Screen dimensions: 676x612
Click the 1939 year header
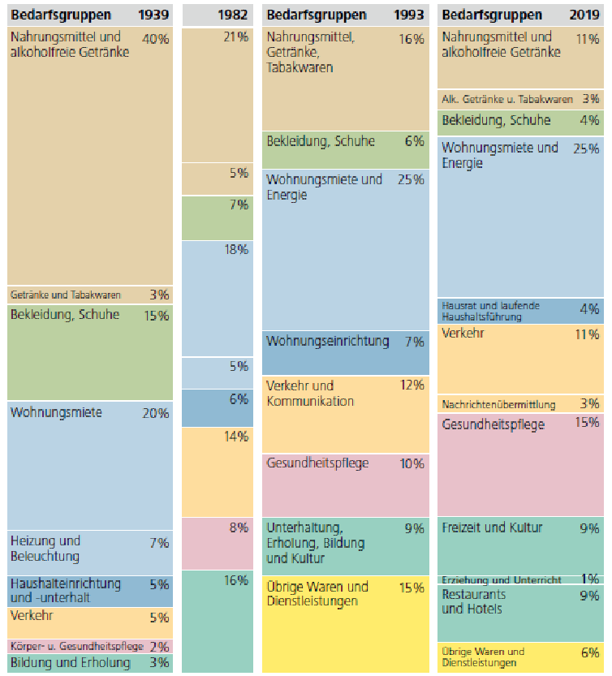153,15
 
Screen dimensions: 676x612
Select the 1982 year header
235,15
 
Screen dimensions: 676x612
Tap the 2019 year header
584,15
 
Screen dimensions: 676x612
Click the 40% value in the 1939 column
155,38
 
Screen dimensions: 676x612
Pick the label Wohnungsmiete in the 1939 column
56,412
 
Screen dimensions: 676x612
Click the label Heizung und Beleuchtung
45,549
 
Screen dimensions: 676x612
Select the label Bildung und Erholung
71,662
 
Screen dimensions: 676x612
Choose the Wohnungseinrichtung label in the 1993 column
328,342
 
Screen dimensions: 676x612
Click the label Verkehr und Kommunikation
310,393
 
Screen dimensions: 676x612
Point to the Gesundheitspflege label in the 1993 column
317,463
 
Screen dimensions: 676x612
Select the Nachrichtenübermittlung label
498,404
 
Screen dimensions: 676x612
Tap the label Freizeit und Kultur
492,527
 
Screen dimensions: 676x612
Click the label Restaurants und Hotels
474,601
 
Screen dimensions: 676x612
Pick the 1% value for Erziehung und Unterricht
590,579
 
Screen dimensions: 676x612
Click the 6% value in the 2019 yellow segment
590,652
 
